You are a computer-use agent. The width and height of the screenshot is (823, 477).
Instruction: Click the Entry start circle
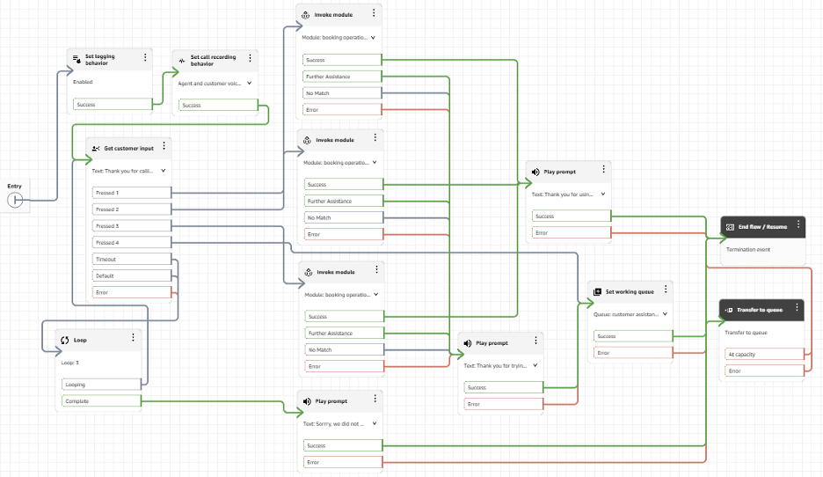click(x=15, y=201)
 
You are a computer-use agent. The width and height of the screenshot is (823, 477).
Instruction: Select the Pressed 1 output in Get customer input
click(x=131, y=193)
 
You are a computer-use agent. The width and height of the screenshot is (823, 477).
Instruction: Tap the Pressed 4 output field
click(x=131, y=243)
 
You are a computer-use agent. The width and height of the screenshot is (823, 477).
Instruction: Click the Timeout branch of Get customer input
click(x=131, y=260)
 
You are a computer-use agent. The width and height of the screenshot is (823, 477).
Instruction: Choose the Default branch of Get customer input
click(x=131, y=275)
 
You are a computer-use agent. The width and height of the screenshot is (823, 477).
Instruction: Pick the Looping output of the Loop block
click(x=101, y=385)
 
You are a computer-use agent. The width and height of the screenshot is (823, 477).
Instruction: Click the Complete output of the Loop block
click(x=101, y=401)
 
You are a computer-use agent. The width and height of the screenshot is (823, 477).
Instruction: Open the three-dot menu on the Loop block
click(x=133, y=338)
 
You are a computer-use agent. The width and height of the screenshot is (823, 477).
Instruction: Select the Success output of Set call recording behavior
click(x=215, y=106)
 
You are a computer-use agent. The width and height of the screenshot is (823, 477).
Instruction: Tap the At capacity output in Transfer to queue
click(x=763, y=355)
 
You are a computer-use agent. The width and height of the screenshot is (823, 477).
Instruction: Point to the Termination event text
click(x=749, y=249)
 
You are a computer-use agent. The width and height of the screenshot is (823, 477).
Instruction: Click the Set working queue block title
click(x=630, y=291)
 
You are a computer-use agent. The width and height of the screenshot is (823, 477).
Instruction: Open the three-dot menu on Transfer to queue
click(x=796, y=309)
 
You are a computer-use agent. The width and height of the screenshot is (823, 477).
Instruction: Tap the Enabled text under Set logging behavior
click(x=83, y=82)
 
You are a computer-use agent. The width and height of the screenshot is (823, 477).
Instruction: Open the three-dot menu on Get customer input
click(x=164, y=147)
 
